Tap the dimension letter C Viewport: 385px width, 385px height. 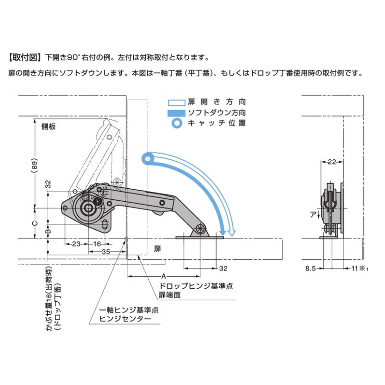tap(33, 223)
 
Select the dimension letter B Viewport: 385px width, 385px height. tap(48, 231)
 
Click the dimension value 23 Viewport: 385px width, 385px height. tap(76, 244)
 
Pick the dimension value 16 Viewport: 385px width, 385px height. tap(96, 244)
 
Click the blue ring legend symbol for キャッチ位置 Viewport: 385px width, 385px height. tap(177, 123)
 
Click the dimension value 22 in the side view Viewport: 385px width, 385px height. tap(332, 163)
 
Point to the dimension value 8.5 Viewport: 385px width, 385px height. tap(310, 269)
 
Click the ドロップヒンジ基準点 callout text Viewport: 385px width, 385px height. tap(196, 286)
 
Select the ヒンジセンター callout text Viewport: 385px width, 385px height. tap(125, 319)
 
